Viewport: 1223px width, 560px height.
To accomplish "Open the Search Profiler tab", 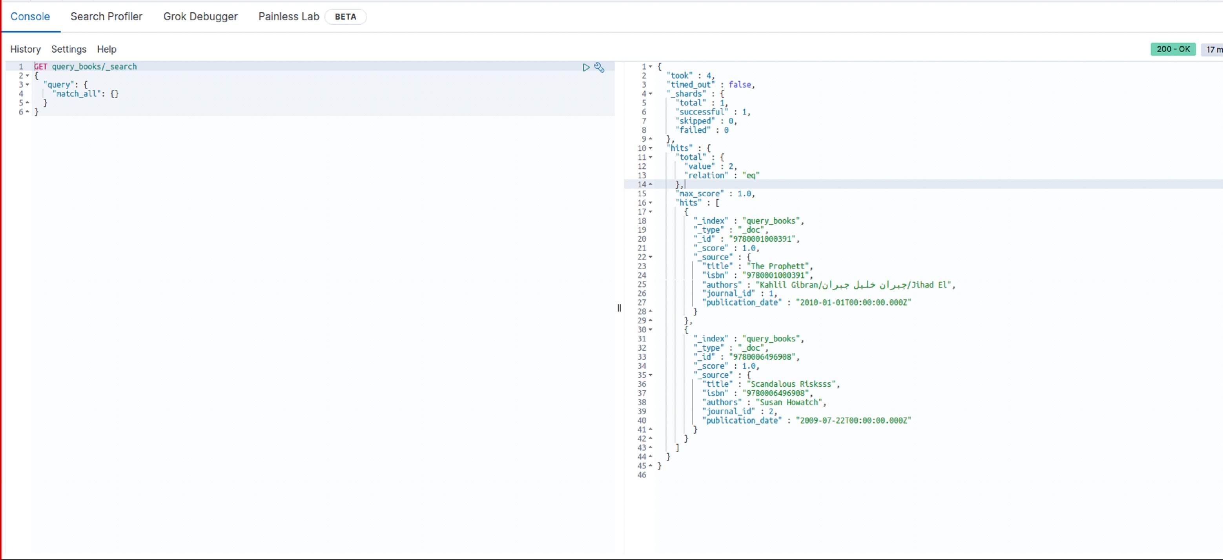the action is (x=106, y=16).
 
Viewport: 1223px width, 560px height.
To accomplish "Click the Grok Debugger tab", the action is (x=200, y=16).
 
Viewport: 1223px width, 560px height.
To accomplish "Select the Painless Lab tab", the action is (x=289, y=16).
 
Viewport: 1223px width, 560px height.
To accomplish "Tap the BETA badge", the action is (x=345, y=16).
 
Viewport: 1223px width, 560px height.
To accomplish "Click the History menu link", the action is (x=26, y=49).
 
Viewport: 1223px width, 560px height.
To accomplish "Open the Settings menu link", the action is (x=69, y=49).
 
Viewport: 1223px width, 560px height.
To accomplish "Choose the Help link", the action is (x=107, y=49).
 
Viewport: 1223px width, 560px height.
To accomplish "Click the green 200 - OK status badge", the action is (x=1173, y=49).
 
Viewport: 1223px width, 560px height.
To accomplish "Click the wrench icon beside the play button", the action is (x=599, y=67).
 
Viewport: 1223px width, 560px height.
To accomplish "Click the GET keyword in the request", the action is (x=41, y=66).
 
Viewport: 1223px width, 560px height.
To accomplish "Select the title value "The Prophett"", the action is (x=780, y=266).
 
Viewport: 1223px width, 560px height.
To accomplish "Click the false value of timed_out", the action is (x=740, y=84).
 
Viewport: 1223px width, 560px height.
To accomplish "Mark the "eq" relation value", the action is (x=751, y=175).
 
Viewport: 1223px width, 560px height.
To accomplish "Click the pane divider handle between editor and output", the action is (x=619, y=308).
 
